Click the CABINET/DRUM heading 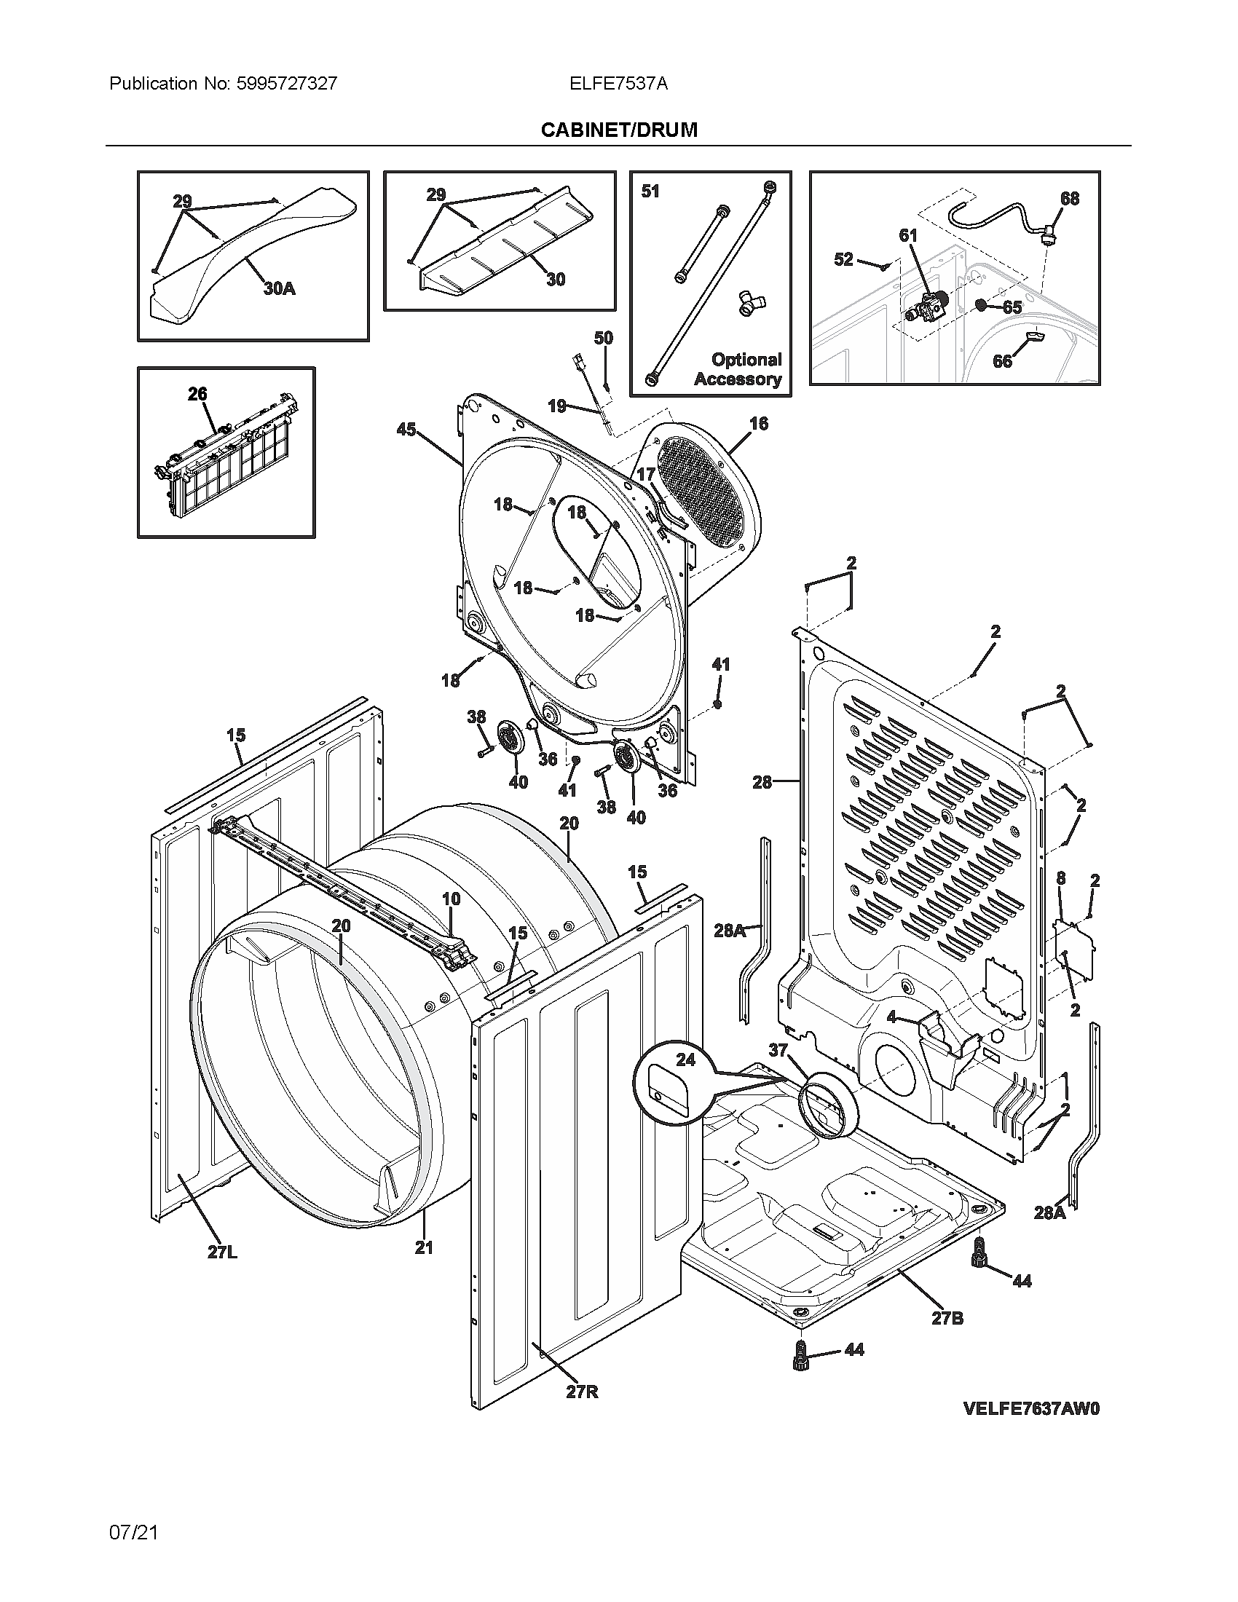pyautogui.click(x=618, y=130)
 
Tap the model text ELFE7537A pyautogui.click(x=618, y=84)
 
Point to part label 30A pyautogui.click(x=280, y=289)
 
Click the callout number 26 pyautogui.click(x=197, y=395)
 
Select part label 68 pyautogui.click(x=1069, y=199)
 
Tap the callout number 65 pyautogui.click(x=1012, y=307)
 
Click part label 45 pyautogui.click(x=406, y=430)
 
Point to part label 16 pyautogui.click(x=758, y=423)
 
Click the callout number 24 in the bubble pyautogui.click(x=685, y=1060)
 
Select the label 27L pyautogui.click(x=222, y=1252)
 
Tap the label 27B pyautogui.click(x=947, y=1318)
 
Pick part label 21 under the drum pyautogui.click(x=424, y=1247)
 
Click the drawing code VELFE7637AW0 pyautogui.click(x=1031, y=1408)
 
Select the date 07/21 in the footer pyautogui.click(x=133, y=1532)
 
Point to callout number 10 pyautogui.click(x=450, y=898)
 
